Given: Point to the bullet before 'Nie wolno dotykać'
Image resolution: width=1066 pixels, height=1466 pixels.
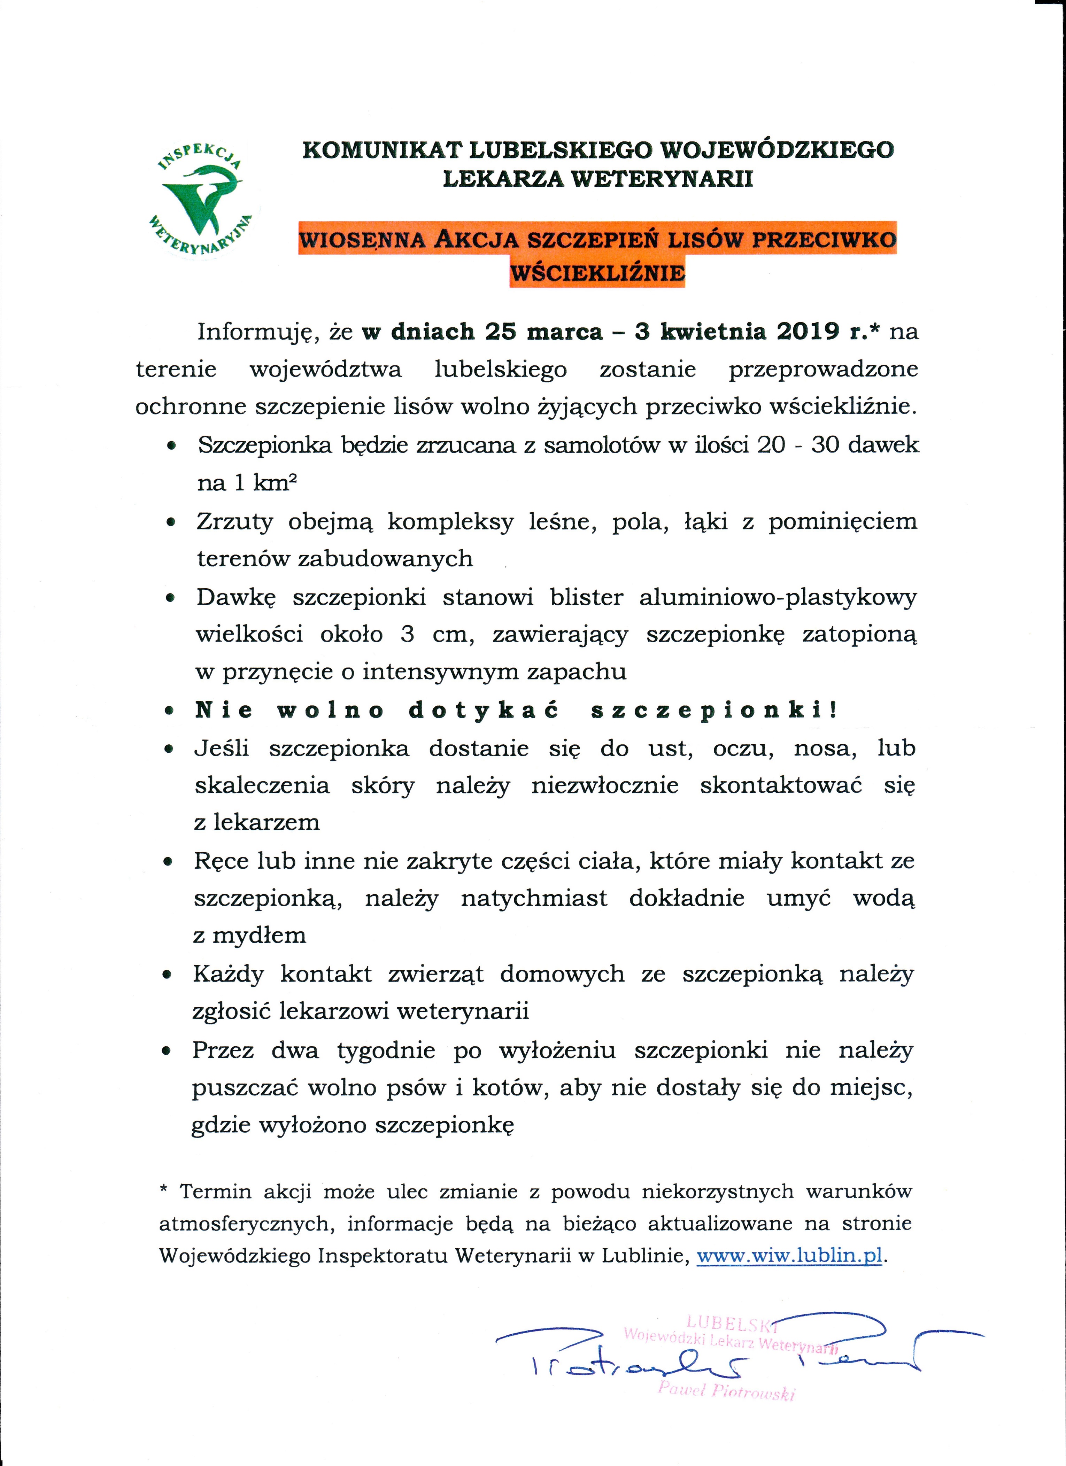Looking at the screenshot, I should [169, 711].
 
